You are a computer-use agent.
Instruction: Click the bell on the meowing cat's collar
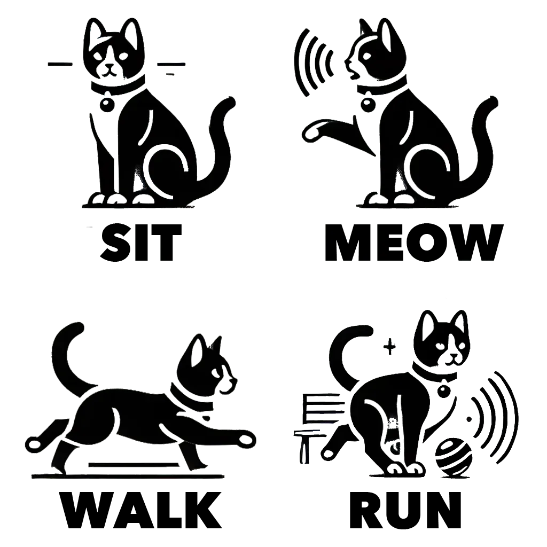pyautogui.click(x=368, y=103)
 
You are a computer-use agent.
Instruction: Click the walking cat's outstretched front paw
pyautogui.click(x=246, y=440)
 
